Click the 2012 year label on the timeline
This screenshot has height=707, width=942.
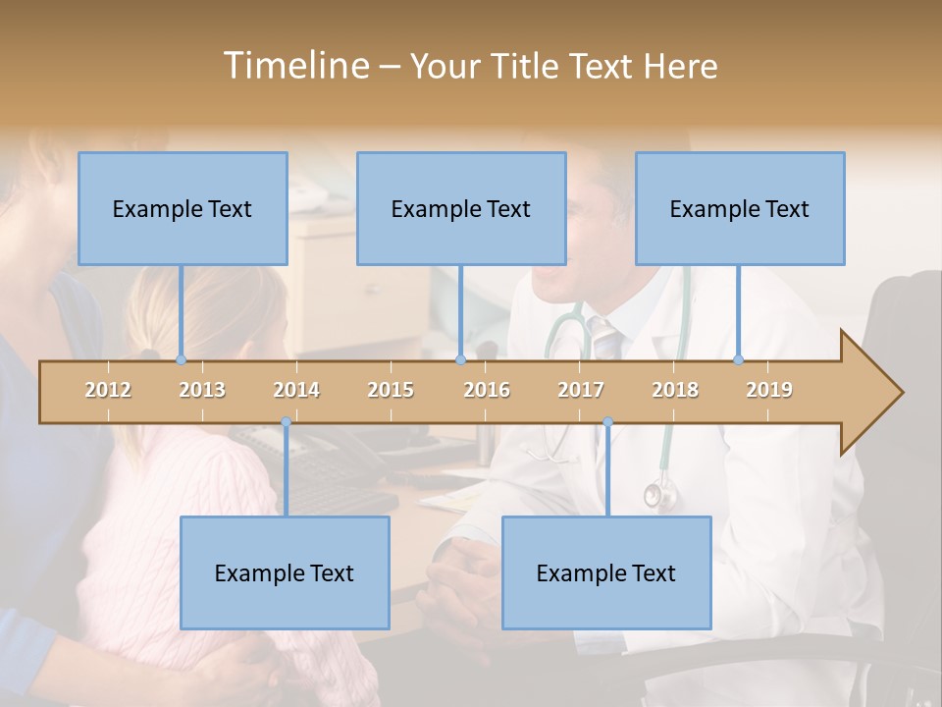(x=108, y=390)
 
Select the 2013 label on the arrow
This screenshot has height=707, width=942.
(x=202, y=390)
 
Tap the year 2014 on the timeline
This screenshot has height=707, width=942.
(x=296, y=390)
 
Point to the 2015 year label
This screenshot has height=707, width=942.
(x=391, y=390)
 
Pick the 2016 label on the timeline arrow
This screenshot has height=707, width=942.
(x=487, y=390)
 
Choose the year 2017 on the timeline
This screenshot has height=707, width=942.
(x=581, y=390)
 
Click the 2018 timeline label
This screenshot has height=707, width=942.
(x=675, y=390)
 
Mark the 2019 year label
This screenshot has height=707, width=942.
(x=769, y=390)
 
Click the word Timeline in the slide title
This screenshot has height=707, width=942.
(x=294, y=66)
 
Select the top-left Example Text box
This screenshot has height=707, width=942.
(x=183, y=208)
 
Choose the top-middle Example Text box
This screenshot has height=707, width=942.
(x=461, y=208)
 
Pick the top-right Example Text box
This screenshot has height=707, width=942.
(x=740, y=208)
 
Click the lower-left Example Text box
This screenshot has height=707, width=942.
(x=285, y=572)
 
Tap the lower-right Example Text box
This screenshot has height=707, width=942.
(x=606, y=572)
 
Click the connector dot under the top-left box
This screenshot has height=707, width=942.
(x=181, y=359)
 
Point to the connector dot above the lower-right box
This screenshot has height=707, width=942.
(x=607, y=422)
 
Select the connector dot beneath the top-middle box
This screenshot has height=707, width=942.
(x=460, y=359)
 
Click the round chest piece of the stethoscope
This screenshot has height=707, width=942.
(x=654, y=496)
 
